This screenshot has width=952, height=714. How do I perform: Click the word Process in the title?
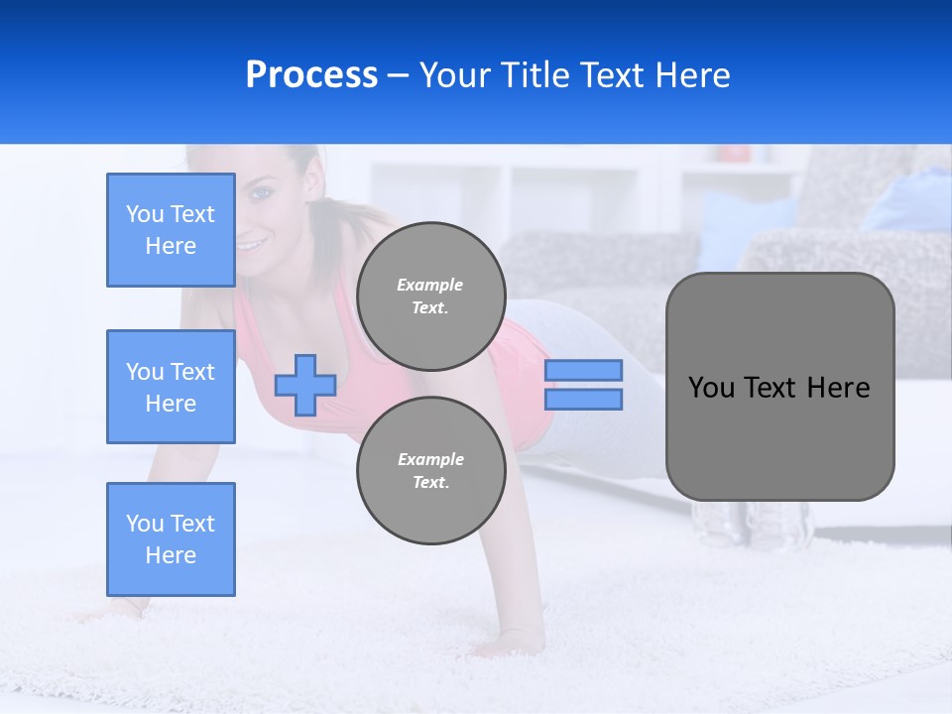[311, 75]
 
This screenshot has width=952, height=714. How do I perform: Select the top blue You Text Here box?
[171, 230]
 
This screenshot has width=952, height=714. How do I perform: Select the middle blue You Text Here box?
[171, 387]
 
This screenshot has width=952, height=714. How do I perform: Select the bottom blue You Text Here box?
[171, 539]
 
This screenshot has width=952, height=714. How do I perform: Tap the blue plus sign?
[305, 385]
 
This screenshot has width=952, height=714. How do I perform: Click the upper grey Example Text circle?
[430, 297]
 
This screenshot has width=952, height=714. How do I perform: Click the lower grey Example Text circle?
[430, 471]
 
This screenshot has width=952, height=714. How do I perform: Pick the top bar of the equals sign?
[583, 370]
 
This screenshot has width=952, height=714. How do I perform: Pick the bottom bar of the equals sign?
[583, 399]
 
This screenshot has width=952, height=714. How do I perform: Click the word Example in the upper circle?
[430, 285]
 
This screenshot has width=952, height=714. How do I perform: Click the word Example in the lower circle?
[430, 459]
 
